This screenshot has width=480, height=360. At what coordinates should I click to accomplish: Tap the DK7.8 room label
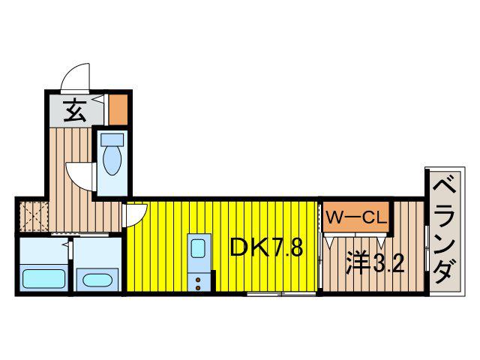[266, 247]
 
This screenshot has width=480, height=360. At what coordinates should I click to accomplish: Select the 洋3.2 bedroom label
[375, 263]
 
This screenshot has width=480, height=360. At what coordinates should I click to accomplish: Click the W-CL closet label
[355, 217]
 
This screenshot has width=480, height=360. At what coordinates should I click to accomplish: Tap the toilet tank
[112, 139]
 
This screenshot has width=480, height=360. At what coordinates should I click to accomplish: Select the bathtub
[43, 279]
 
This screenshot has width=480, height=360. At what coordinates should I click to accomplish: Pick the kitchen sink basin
[198, 248]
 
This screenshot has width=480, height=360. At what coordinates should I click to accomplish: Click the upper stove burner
[198, 280]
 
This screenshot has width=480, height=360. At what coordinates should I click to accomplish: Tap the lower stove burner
[198, 288]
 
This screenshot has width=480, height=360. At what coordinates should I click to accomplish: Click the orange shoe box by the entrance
[118, 109]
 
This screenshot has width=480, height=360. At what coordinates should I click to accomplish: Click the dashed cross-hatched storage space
[33, 216]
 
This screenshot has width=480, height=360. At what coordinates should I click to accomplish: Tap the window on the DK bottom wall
[281, 294]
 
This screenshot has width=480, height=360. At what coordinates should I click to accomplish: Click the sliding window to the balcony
[427, 248]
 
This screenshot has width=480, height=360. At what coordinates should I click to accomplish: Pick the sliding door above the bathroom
[80, 235]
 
